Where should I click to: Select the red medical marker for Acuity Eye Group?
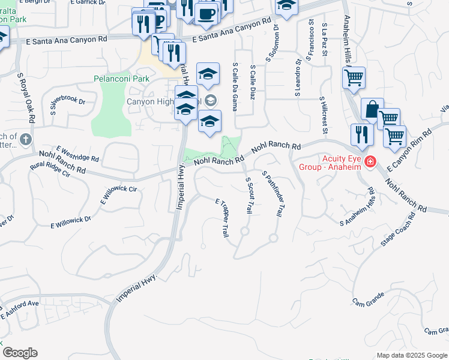tap(370, 161)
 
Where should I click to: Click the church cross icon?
tap(25, 139)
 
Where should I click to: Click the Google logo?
tap(20, 353)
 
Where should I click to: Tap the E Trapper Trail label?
tap(221, 217)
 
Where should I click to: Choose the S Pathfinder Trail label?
tap(272, 193)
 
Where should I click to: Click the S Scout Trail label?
tap(248, 195)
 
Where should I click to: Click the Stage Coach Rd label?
tap(397, 230)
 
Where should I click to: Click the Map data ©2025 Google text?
tap(412, 355)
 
